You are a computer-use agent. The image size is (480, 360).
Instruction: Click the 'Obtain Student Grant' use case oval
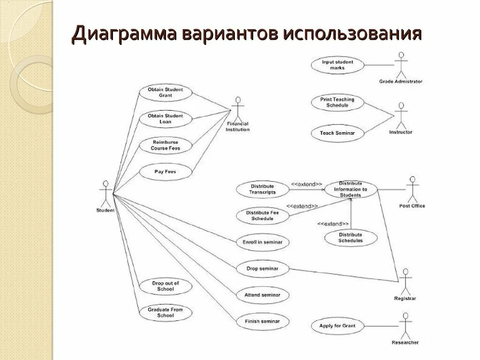[165, 92]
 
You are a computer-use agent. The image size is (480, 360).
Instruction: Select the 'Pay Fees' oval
[165, 172]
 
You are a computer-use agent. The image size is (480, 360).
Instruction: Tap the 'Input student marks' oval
[337, 65]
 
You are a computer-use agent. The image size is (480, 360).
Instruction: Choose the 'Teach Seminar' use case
[337, 133]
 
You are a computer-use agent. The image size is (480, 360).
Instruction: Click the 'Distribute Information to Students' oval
[350, 189]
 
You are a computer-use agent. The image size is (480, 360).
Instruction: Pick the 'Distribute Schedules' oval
[351, 238]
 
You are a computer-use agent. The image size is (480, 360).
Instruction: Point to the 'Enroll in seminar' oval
[262, 242]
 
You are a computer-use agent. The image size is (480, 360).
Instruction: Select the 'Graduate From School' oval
[165, 313]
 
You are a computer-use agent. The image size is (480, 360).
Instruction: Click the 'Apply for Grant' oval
[337, 326]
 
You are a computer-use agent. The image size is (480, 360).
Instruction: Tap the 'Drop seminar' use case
[262, 269]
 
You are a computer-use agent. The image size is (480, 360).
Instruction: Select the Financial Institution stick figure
[238, 110]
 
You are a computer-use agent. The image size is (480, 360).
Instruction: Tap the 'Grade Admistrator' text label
[401, 82]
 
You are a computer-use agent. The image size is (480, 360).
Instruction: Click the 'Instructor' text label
[401, 132]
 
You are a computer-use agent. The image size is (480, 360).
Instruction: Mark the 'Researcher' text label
[405, 343]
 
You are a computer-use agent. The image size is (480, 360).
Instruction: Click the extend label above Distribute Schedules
[333, 224]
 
